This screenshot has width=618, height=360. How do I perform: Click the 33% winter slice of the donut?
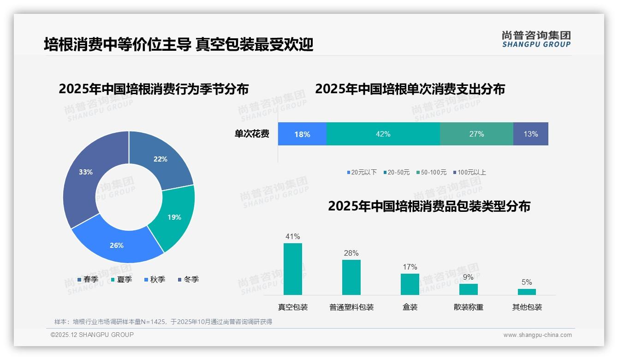point(83,175)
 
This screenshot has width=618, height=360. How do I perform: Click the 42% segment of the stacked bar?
point(383,134)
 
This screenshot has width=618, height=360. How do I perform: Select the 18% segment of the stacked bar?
point(302,134)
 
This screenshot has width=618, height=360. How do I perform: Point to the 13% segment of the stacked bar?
point(530,134)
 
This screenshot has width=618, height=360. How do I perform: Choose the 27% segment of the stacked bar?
point(476,134)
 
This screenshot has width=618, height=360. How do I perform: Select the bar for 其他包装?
point(527,292)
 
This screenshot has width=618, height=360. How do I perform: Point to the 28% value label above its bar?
point(351,253)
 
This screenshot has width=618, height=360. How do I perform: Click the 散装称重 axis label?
point(468,307)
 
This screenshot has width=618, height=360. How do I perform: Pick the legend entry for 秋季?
point(154,279)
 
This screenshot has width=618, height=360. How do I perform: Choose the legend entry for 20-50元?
point(396,172)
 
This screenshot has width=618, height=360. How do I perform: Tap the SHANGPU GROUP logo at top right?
point(536,39)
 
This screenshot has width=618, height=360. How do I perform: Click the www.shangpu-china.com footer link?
point(537,335)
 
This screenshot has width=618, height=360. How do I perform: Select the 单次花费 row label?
point(252,134)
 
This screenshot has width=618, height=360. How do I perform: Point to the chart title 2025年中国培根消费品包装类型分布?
point(429,206)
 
